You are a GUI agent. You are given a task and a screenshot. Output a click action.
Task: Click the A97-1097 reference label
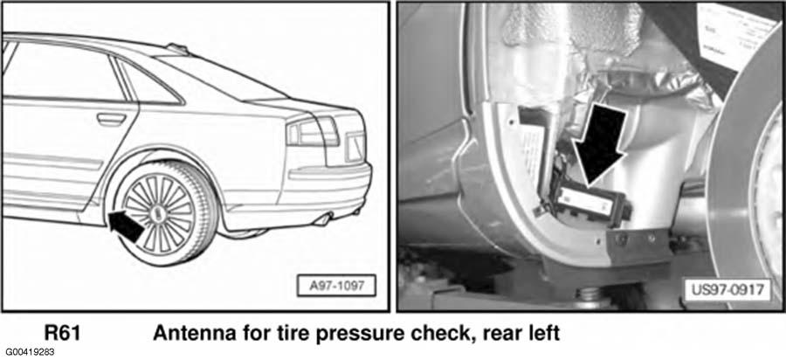coord(336,286)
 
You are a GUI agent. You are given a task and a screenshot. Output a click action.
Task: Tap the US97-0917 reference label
coord(727,289)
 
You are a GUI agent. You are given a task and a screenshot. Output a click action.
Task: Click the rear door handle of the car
coord(111,120)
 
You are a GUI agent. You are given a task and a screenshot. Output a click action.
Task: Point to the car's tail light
coord(313,131)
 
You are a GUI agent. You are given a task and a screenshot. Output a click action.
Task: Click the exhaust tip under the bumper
coord(323,219)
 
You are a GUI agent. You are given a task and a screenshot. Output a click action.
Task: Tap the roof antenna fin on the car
coord(177,48)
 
